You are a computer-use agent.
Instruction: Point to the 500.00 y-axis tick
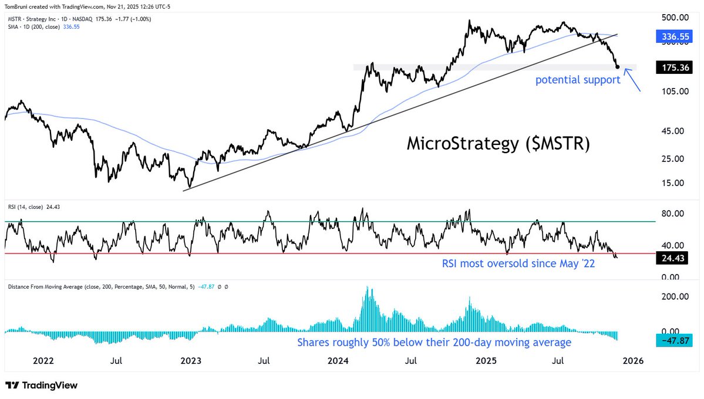[x=671, y=18]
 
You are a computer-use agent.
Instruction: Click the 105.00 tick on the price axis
[x=671, y=92]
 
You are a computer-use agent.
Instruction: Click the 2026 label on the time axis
[x=633, y=361]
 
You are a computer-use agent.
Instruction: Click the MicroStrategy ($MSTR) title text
[x=498, y=144]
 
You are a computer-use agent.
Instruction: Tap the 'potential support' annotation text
[x=578, y=80]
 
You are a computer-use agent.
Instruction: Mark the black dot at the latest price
[x=618, y=67]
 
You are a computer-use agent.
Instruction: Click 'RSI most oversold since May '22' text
[x=518, y=264]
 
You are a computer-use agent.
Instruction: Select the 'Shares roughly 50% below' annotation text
[x=434, y=342]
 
